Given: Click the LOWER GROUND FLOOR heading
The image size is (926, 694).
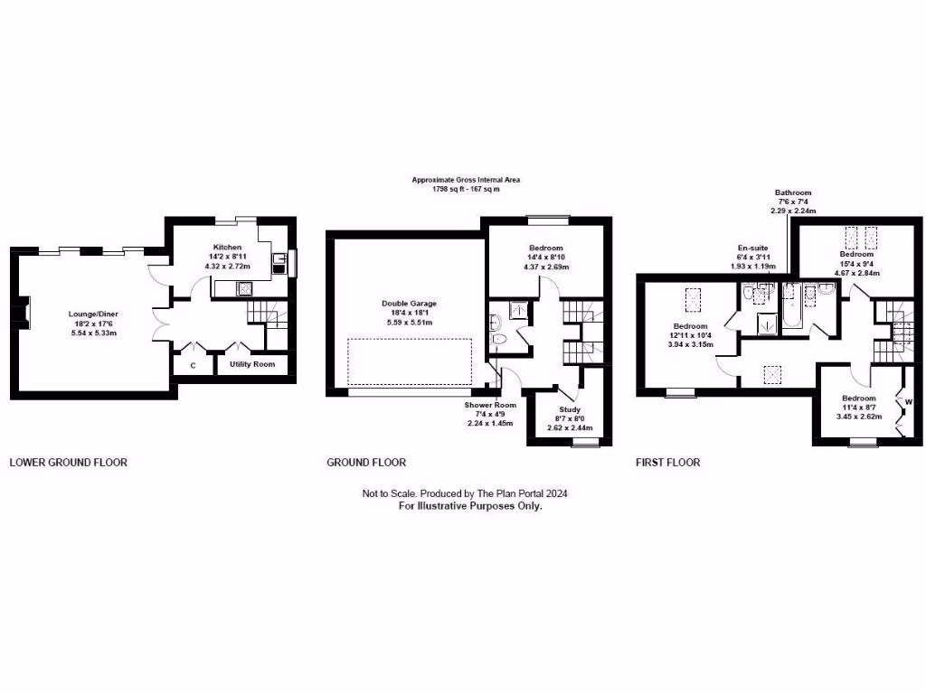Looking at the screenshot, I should tap(68, 463).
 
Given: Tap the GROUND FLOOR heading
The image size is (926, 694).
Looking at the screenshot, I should tap(366, 463).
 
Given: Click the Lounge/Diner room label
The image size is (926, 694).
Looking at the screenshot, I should tap(93, 314).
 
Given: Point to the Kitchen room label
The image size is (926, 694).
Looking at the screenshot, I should tap(227, 248).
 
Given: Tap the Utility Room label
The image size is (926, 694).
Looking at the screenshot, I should tap(252, 364).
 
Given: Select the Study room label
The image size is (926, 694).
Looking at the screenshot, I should tap(570, 409).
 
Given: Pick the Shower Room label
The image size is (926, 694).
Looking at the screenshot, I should tap(489, 406).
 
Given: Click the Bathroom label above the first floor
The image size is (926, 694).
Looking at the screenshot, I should tap(793, 192).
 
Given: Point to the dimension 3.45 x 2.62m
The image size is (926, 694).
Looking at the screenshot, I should tap(858, 417).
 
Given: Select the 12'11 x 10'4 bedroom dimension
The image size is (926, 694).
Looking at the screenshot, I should tap(690, 335).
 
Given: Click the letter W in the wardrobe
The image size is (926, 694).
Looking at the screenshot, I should tap(909, 401).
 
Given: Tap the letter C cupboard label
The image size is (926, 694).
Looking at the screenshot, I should tap(193, 365).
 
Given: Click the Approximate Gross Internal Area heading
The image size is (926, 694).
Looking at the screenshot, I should tap(466, 180).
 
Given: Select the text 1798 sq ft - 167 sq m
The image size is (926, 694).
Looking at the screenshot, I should tap(466, 189).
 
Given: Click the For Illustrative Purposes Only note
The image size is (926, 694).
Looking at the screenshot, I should tap(470, 507).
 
